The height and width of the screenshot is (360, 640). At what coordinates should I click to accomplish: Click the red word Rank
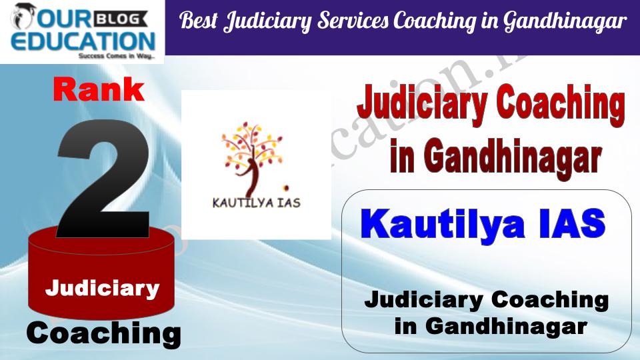click(x=99, y=90)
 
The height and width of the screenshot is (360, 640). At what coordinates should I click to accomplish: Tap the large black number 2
click(x=104, y=179)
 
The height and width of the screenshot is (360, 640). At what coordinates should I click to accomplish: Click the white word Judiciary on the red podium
click(x=102, y=289)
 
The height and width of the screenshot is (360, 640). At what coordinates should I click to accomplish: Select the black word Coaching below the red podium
click(x=104, y=334)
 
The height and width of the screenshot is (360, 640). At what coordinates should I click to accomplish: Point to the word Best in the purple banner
click(x=199, y=20)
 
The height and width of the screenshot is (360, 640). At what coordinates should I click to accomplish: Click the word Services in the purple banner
click(x=353, y=21)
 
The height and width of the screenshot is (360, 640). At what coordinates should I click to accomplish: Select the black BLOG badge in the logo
click(x=121, y=19)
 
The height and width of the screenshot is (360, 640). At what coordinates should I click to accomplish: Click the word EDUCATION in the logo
click(x=83, y=41)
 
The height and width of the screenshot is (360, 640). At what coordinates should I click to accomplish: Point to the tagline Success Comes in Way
click(x=117, y=56)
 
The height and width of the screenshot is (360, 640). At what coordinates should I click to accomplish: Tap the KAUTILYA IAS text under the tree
click(x=256, y=203)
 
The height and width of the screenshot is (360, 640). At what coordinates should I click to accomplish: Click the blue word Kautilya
click(x=443, y=224)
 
